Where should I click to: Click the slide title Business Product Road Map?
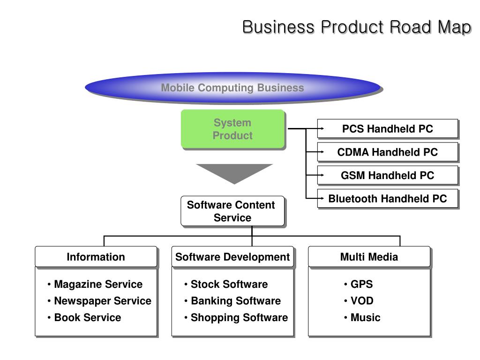pos(357,27)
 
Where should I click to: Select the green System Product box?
pos(232,129)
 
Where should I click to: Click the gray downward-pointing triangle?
pos(234,173)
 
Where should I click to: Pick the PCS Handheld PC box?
pos(388,128)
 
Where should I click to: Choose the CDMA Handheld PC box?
pos(388,152)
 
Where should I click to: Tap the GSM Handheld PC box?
pos(388,175)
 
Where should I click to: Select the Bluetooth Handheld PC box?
pos(388,198)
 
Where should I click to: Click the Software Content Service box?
pos(232,211)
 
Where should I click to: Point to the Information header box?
pos(96,256)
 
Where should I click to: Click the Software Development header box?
pos(232,256)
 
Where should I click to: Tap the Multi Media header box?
pos(369,256)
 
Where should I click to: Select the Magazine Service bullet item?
pos(95,284)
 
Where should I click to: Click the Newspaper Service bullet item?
pos(99,301)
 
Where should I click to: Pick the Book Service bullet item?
pos(84,317)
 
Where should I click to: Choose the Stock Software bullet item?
pos(226,284)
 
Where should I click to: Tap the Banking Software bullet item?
pos(232,301)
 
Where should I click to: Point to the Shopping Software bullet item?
pos(236,317)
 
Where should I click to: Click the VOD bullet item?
pos(359,300)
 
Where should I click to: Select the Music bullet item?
pos(362,317)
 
